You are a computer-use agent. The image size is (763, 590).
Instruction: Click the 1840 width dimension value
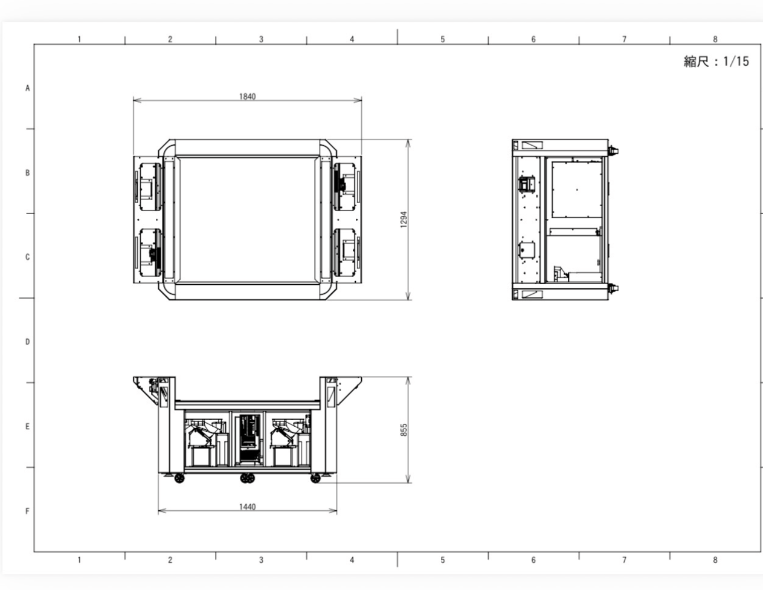248,96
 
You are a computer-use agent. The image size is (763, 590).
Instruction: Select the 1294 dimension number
404,219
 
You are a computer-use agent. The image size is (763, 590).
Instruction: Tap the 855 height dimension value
404,430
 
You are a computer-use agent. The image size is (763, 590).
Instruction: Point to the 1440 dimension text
248,507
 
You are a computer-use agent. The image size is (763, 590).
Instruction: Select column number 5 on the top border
443,39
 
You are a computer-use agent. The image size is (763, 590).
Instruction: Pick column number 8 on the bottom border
715,560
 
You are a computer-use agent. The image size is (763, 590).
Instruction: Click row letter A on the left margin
27,88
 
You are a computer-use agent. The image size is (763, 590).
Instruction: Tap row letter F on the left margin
27,511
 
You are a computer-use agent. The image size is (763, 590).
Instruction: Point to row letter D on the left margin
27,342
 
